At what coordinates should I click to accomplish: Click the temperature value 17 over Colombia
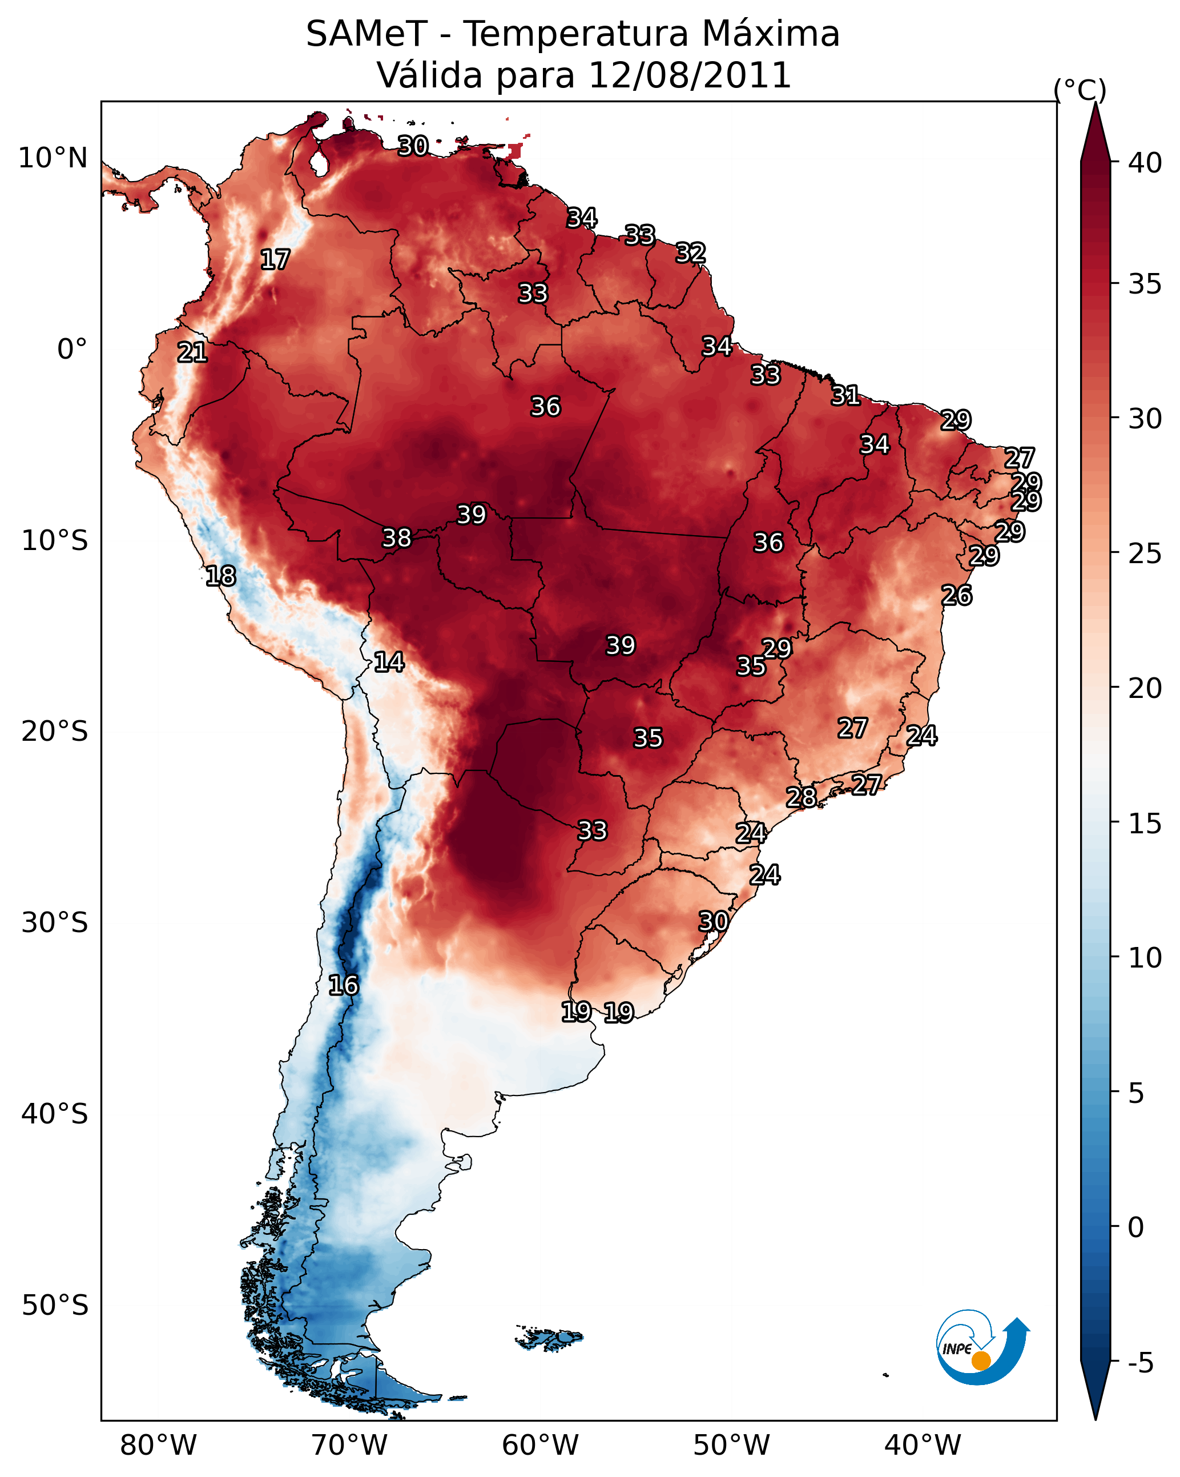pos(275,260)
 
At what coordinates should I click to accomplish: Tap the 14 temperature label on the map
pos(389,662)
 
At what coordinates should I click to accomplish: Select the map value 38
pos(397,538)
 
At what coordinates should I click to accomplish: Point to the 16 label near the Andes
pos(343,985)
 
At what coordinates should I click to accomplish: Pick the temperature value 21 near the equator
pos(192,352)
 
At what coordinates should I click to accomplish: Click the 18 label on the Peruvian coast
pos(220,576)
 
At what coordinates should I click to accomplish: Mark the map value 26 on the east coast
pos(956,595)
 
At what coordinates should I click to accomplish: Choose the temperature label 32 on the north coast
pos(690,253)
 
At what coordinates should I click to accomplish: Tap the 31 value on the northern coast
pos(846,395)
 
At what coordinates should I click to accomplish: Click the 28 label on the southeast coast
pos(800,797)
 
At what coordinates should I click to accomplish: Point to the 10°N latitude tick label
pos(53,158)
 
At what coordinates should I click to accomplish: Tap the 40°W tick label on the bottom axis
pos(923,1446)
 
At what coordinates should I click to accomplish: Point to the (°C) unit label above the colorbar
pos(1080,90)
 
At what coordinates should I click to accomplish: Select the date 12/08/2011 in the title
pos(689,75)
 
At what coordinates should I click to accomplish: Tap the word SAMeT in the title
pos(367,34)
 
